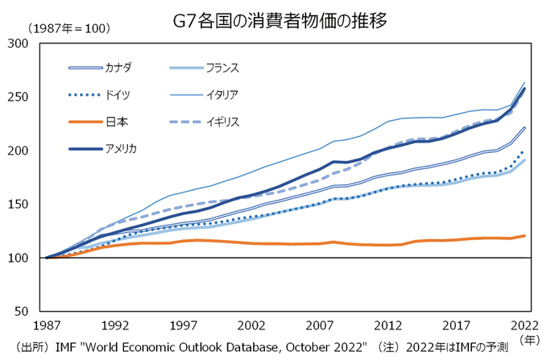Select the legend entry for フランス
tap(222, 68)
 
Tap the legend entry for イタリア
tap(222, 95)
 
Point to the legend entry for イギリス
tap(222, 122)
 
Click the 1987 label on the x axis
tap(48, 325)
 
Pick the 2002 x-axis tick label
tap(252, 325)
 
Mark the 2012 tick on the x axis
tap(389, 325)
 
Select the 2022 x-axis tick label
tap(524, 325)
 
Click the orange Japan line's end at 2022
tap(525, 235)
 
